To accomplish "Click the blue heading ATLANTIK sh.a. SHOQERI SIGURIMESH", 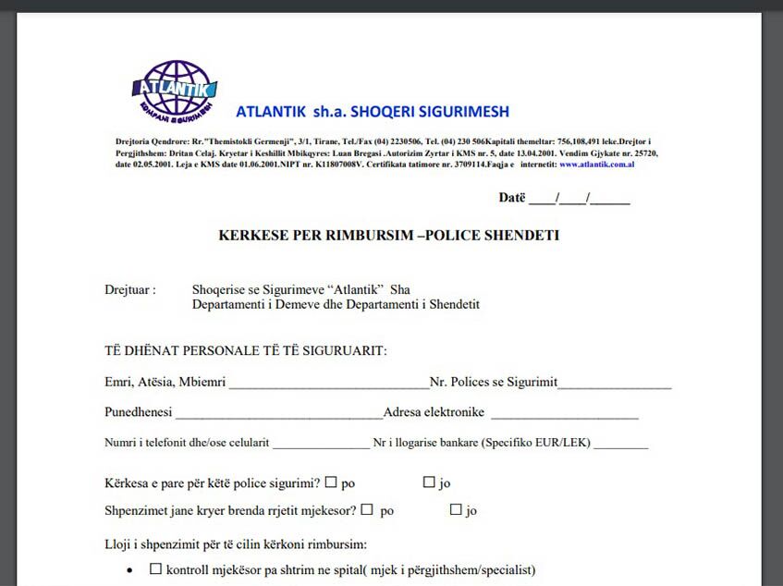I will (x=373, y=112).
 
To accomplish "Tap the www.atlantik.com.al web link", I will (x=596, y=164).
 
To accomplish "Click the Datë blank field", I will (x=592, y=198).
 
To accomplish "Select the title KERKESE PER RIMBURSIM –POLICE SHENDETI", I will (x=388, y=236).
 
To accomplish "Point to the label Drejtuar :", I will (x=129, y=289).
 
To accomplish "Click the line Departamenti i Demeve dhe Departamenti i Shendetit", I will (x=336, y=304).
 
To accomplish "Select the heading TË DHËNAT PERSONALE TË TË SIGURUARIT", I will (x=246, y=350).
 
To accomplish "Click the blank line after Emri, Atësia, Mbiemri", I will (x=329, y=383).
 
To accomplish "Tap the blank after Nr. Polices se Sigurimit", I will (x=615, y=383).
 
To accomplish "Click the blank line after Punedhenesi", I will (x=278, y=413).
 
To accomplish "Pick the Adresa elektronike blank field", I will (x=564, y=413).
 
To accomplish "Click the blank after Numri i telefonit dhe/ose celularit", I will (x=321, y=444).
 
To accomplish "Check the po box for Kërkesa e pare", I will (x=331, y=482).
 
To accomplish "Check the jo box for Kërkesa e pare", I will (x=429, y=482).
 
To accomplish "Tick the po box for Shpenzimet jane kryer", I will (x=367, y=509).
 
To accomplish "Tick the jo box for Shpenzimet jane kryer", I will (x=456, y=509).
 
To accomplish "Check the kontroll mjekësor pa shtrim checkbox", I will (x=155, y=569).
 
